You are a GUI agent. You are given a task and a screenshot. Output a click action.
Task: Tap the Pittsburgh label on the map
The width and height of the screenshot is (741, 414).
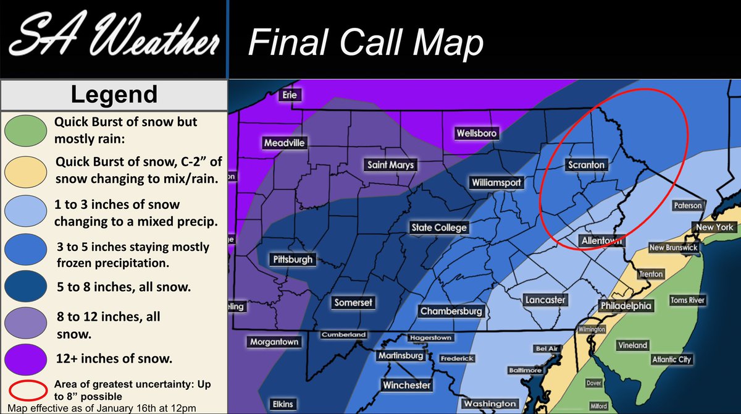[293, 260]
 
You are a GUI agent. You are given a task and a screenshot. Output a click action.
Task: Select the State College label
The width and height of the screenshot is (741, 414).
[439, 227]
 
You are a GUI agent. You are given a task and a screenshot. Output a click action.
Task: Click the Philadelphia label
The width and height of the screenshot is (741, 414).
[626, 305]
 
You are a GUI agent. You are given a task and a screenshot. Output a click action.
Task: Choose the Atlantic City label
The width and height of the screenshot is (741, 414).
[672, 359]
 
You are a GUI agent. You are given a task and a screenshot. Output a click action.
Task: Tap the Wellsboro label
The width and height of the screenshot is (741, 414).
[476, 133]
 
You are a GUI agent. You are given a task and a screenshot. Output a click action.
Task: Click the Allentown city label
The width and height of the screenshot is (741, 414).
[601, 240]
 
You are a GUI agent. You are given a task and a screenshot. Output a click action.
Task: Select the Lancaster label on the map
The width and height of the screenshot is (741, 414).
[545, 300]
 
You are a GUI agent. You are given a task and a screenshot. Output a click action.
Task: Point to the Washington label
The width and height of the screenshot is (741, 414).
[490, 403]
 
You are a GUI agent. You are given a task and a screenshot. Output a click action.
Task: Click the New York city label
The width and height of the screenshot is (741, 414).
[714, 227]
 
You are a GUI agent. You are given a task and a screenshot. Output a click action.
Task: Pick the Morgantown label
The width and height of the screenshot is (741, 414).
[274, 342]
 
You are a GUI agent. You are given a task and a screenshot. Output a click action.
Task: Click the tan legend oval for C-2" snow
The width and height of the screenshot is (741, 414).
[25, 171]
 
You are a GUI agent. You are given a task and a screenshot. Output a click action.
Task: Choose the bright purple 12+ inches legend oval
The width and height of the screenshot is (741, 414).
[25, 358]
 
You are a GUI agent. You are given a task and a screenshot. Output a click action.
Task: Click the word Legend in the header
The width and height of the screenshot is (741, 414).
[114, 95]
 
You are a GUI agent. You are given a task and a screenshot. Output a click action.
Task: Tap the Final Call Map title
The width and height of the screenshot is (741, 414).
[365, 43]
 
